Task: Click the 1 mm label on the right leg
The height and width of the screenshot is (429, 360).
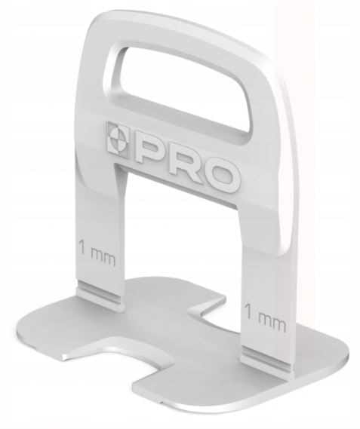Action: coord(265,318)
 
